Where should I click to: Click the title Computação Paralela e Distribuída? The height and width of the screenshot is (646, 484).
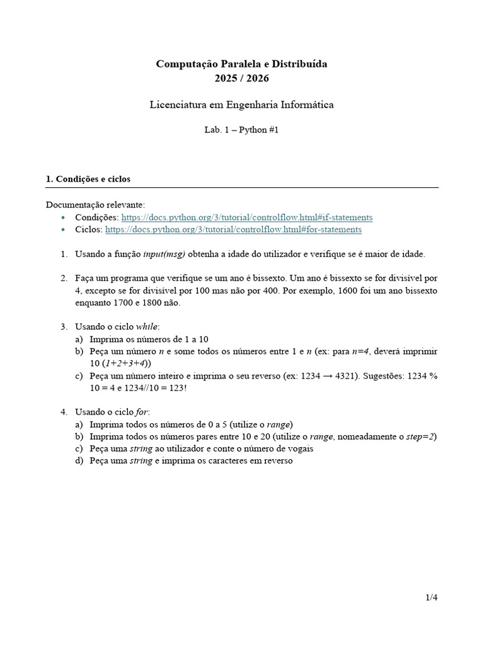[x=242, y=64]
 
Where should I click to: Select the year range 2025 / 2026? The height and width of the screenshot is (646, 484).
[x=242, y=78]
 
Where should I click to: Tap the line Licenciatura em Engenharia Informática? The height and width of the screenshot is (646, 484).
[x=242, y=105]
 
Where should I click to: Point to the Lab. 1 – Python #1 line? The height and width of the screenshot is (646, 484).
[x=242, y=130]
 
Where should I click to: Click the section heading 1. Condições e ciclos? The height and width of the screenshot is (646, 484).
[x=88, y=179]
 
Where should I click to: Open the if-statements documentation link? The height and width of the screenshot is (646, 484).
[x=246, y=217]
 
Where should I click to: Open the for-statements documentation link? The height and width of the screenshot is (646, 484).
[x=233, y=230]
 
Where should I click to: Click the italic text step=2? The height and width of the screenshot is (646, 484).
[x=420, y=437]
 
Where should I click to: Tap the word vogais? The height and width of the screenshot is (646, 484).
[x=300, y=449]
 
